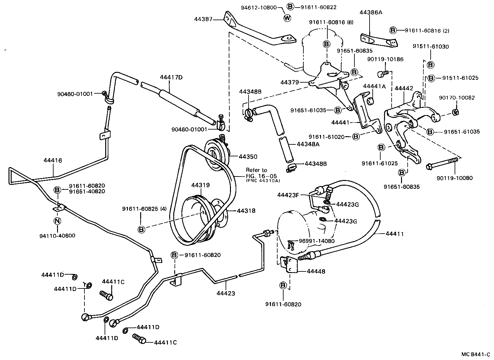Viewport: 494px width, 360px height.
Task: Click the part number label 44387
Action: tap(203, 19)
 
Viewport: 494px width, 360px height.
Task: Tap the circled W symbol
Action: tap(287, 18)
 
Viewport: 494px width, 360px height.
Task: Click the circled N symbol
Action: tap(57, 221)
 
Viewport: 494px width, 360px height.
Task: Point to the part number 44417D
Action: tap(171, 77)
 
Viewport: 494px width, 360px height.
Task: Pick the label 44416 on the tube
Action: tap(53, 160)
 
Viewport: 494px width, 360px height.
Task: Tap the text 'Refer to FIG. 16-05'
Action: tap(257, 173)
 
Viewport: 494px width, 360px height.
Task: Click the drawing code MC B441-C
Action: tap(476, 354)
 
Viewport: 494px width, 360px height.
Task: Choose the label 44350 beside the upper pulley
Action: tap(248, 156)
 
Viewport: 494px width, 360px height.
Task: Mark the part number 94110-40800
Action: tap(57, 236)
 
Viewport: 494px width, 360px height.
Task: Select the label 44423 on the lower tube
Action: tap(226, 293)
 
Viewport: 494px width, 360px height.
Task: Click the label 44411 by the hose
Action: tap(394, 234)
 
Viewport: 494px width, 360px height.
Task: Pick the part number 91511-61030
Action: tap(431, 47)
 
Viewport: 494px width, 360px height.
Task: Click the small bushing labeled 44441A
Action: tap(371, 101)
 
